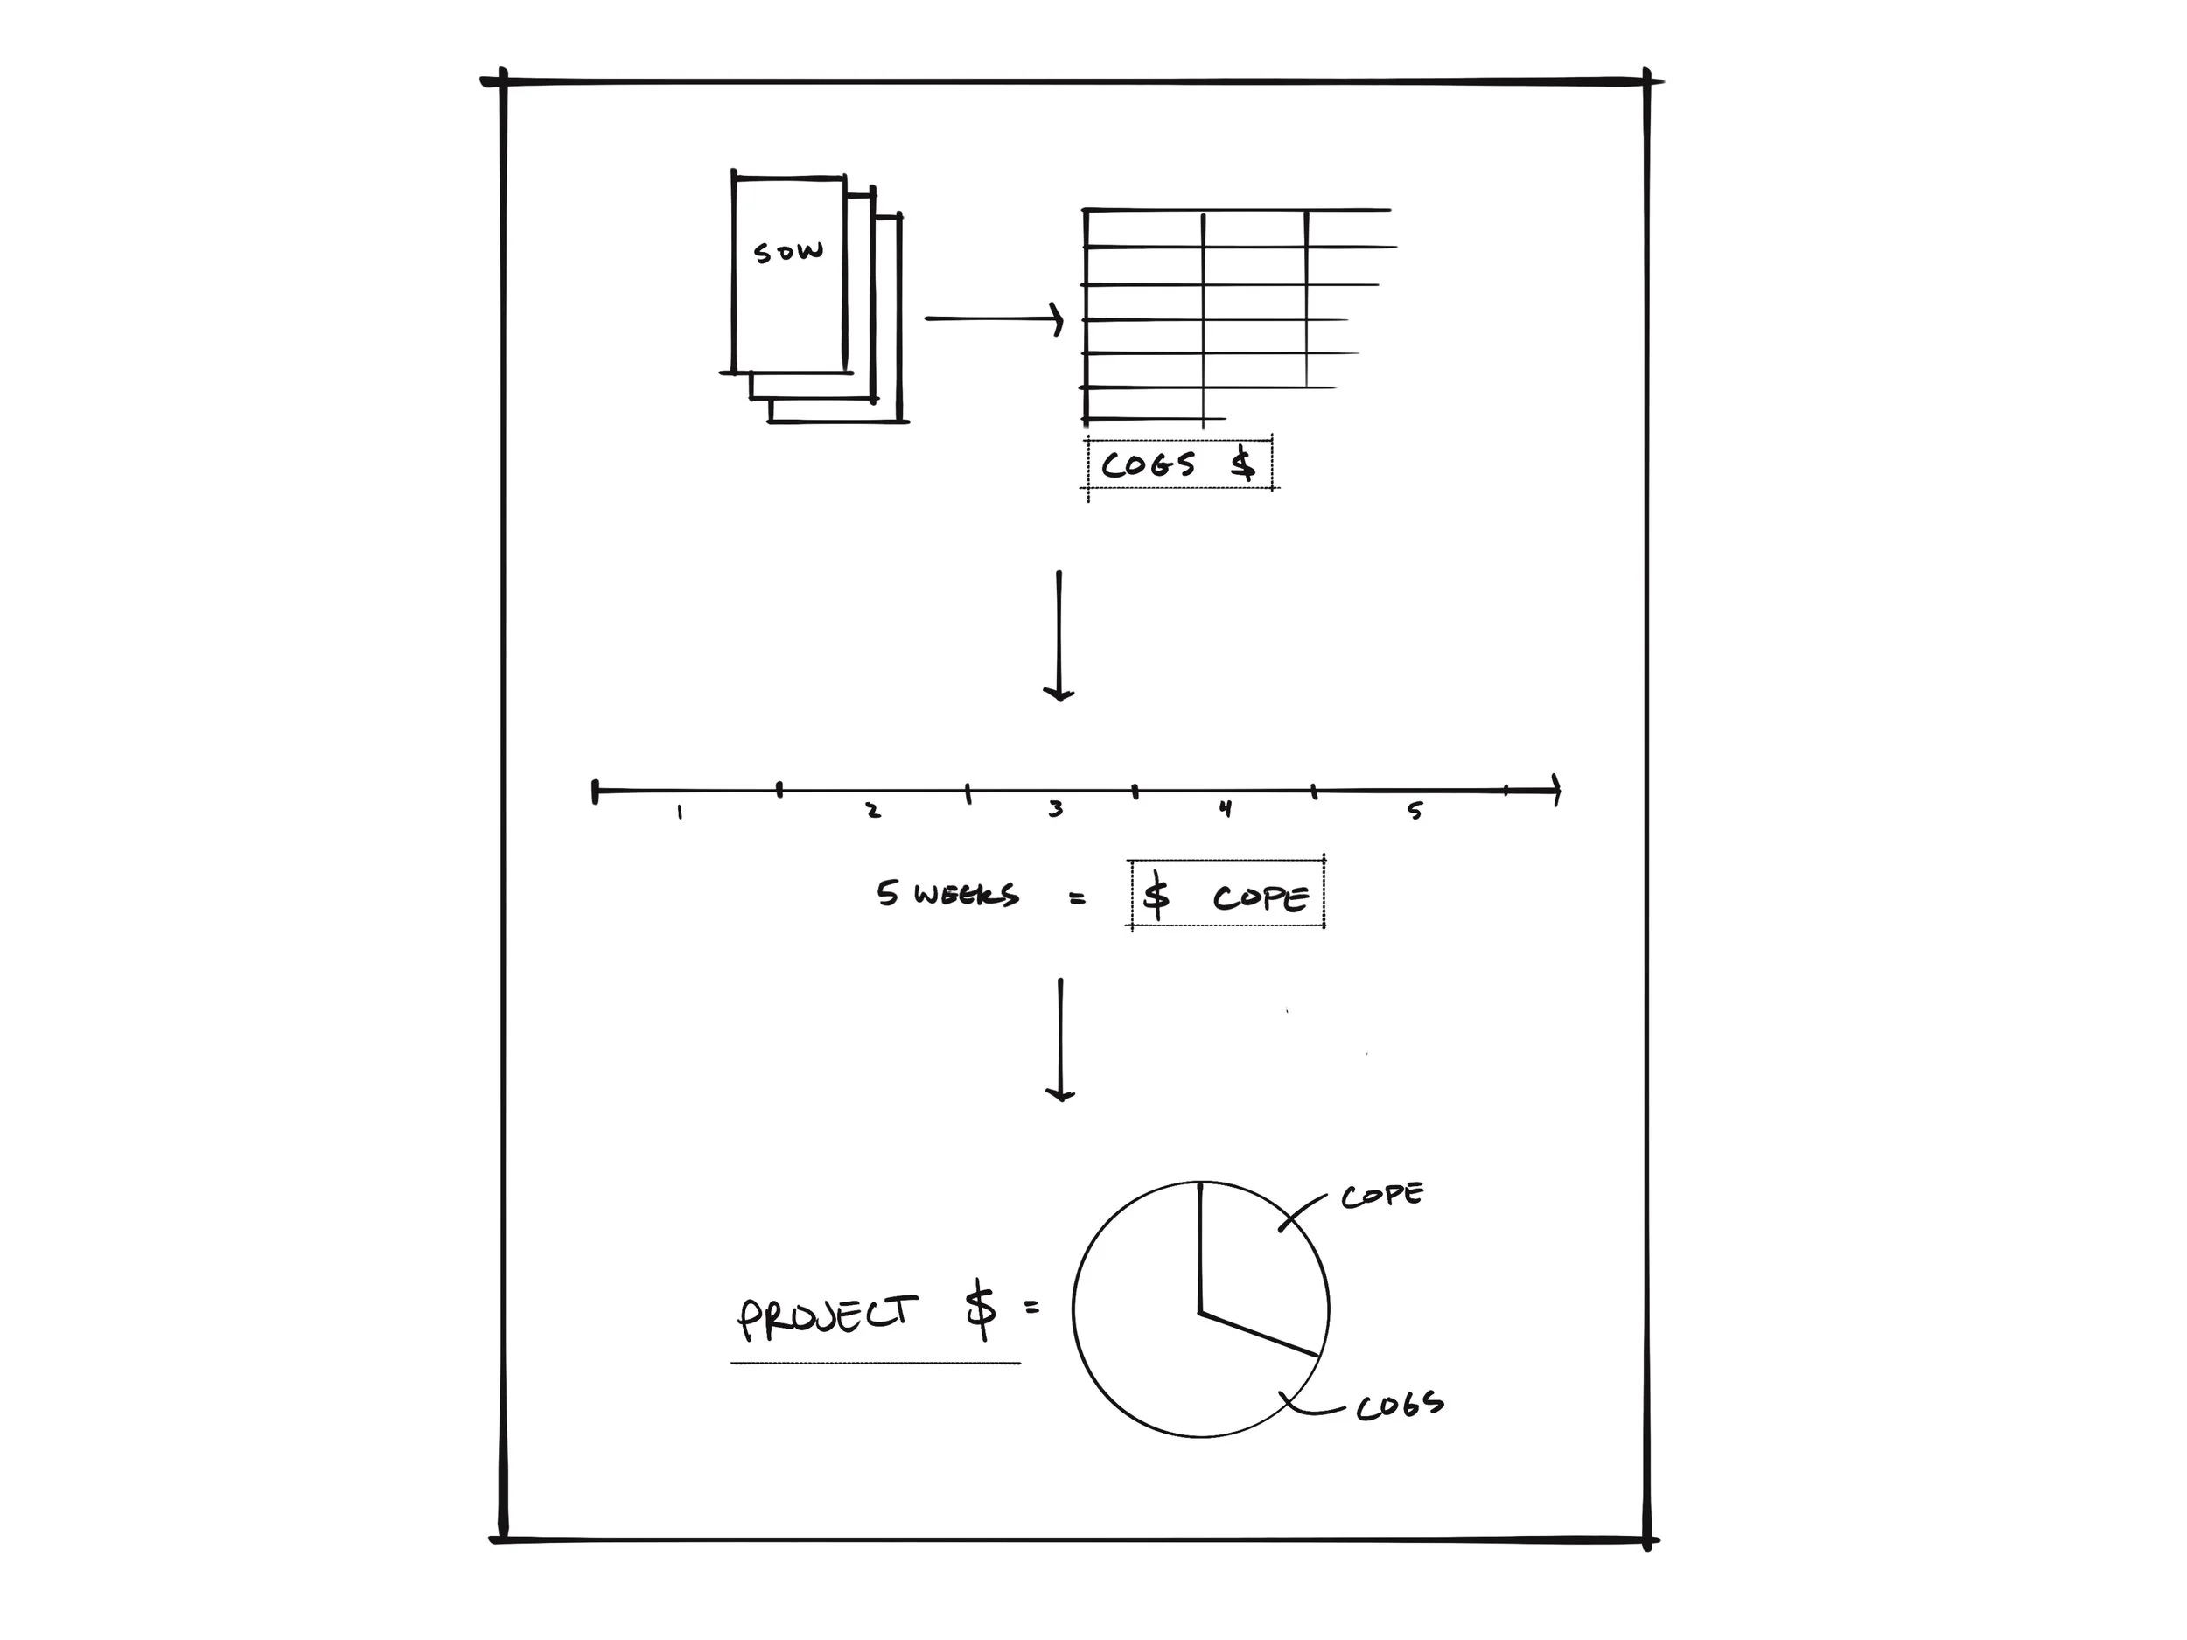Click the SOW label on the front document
788,252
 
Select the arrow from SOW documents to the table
993,318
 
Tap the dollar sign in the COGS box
1243,464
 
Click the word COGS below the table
1148,464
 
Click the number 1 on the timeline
679,813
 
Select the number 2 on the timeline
873,811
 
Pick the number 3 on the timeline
1056,810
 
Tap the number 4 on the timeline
1225,809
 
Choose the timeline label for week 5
1415,811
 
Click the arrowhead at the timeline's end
1555,790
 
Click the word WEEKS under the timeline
965,896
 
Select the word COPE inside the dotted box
1260,897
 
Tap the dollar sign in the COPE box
1155,896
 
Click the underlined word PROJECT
827,1315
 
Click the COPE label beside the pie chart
1382,1195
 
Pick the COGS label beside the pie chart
1399,1405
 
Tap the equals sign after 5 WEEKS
1077,898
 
